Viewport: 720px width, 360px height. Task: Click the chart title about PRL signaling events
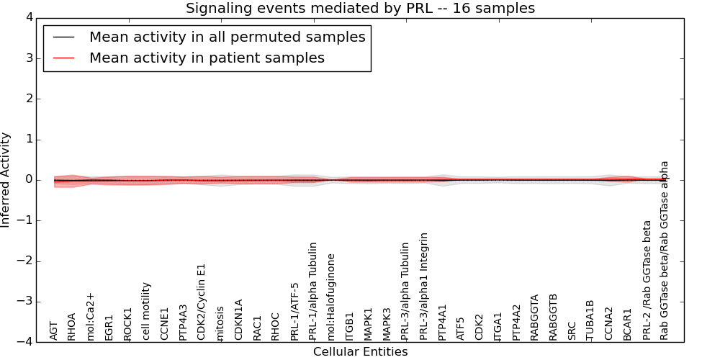coord(360,9)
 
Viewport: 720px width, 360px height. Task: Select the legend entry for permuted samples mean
coord(227,37)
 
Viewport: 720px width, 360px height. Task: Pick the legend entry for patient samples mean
coord(207,58)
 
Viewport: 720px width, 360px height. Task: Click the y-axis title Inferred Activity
coord(6,180)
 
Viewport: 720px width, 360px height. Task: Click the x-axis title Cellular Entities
coord(360,352)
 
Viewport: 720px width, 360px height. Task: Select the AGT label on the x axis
coord(54,330)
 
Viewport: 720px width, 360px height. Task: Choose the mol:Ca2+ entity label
coord(91,316)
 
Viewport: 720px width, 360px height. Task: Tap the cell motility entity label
coord(146,311)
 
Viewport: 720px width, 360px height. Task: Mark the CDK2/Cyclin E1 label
coord(202,302)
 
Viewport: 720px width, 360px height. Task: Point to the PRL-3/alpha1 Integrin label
coord(424,286)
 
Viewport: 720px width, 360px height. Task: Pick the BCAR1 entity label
coord(628,324)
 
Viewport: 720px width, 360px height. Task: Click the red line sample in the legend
coord(63,58)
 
